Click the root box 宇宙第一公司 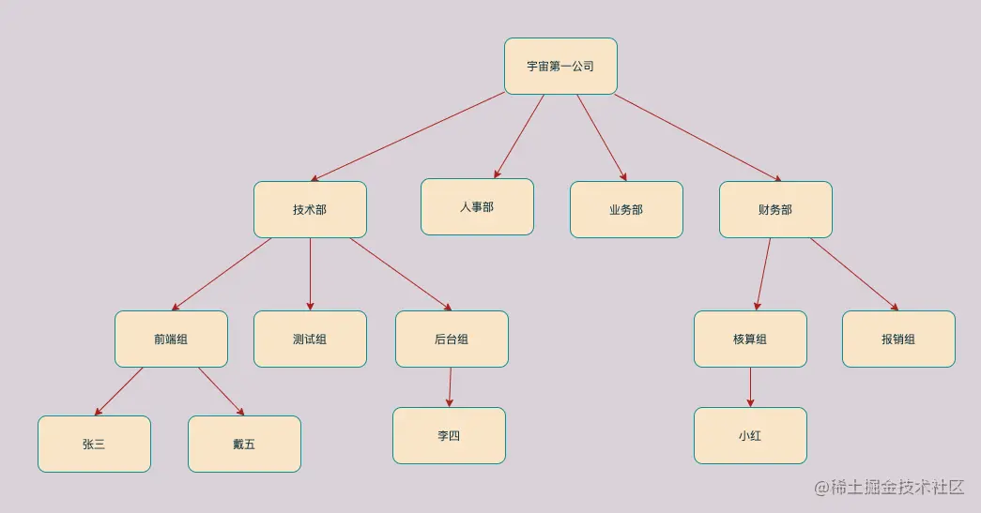pos(560,67)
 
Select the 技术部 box pos(310,209)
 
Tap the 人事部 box pos(477,206)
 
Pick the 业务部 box pos(626,209)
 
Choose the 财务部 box pos(775,209)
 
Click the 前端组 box pos(171,339)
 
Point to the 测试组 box pos(310,339)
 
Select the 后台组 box pos(452,339)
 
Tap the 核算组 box pos(750,339)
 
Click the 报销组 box pos(898,339)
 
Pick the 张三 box pos(94,444)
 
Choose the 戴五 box pos(244,444)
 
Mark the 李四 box pos(449,435)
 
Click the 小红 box pos(750,435)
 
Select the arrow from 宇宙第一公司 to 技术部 pos(408,137)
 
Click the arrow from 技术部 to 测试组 pos(310,274)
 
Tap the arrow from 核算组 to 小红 pos(750,386)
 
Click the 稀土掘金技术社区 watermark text pos(889,488)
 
